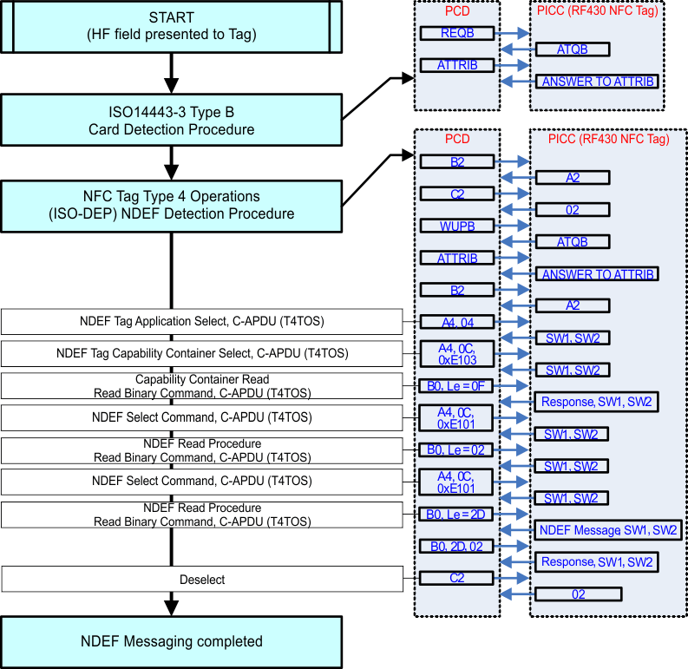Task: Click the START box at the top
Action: (171, 26)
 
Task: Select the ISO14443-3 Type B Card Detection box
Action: (171, 121)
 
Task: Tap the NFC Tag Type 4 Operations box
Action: (171, 205)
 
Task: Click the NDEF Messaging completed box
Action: (171, 642)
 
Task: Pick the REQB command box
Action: (456, 33)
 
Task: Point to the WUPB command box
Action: (456, 226)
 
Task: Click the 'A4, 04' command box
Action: (456, 322)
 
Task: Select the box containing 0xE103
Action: (456, 354)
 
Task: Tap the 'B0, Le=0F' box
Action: (456, 385)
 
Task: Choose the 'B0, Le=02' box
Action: (456, 449)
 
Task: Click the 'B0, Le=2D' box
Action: (456, 514)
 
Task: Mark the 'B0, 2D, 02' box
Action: (456, 546)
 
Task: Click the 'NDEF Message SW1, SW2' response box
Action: (608, 529)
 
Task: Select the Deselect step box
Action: (202, 579)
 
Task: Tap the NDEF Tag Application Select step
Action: (202, 322)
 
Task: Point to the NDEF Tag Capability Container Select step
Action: (202, 353)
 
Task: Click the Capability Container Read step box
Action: (202, 386)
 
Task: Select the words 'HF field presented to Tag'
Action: (171, 35)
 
